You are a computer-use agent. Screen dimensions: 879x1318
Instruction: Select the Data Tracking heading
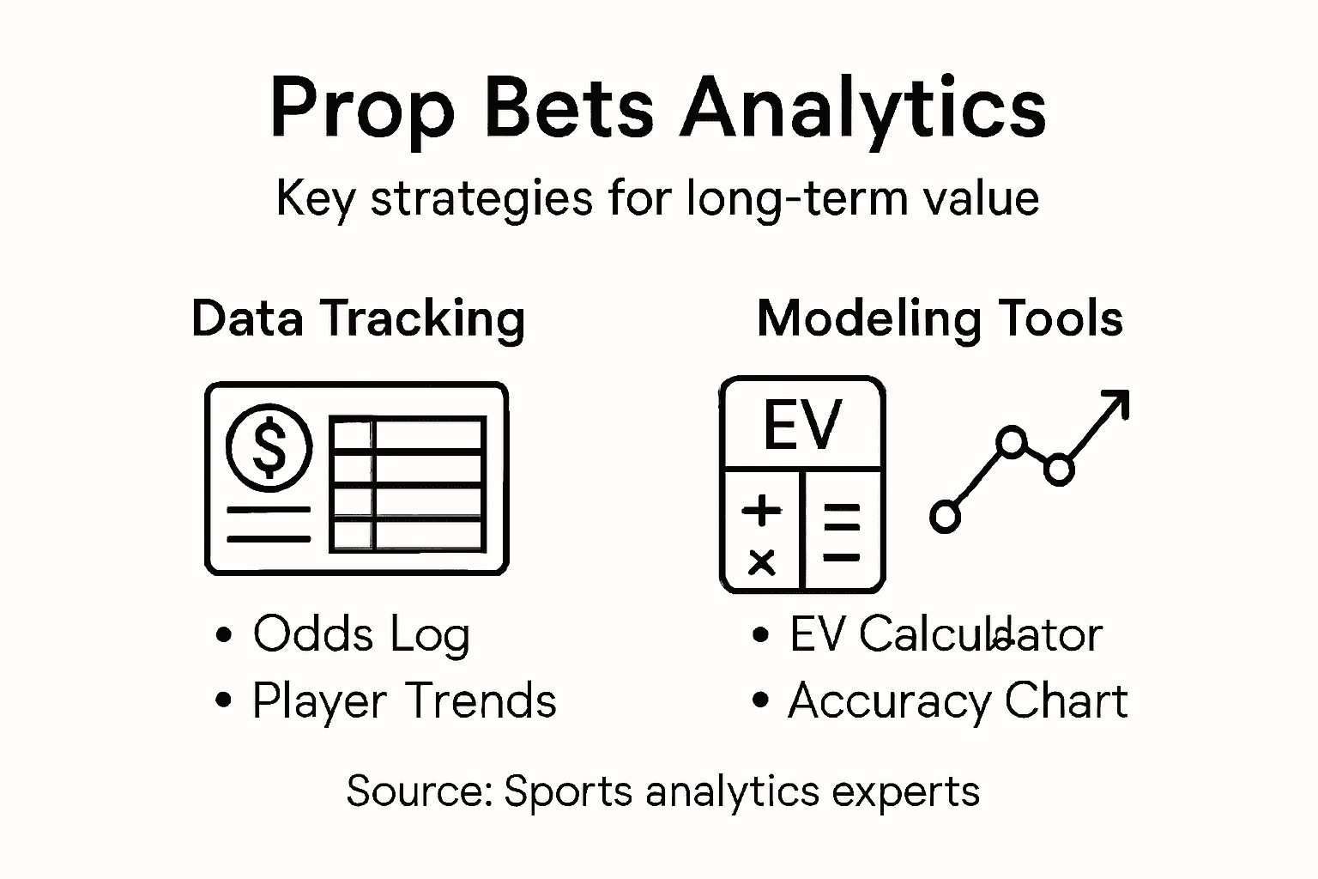tap(358, 318)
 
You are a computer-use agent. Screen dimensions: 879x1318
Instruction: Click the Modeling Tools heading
tap(940, 318)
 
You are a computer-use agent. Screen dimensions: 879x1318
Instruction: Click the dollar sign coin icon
tap(269, 447)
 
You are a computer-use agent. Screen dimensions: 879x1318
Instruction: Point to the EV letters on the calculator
tap(803, 425)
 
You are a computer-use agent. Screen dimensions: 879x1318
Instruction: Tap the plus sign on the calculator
tap(761, 511)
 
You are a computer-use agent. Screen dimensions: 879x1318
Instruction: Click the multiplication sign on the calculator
tap(761, 562)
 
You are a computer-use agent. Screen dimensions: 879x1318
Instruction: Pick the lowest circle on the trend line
tap(945, 517)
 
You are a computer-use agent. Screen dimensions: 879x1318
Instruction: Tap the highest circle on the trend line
tap(1013, 441)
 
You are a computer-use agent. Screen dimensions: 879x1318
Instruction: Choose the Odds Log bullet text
tap(361, 635)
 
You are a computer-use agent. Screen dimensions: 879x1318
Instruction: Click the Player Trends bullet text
tap(403, 701)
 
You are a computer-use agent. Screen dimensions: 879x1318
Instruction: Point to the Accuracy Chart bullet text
tap(958, 701)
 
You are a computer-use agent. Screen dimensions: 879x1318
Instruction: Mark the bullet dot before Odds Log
tap(224, 636)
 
